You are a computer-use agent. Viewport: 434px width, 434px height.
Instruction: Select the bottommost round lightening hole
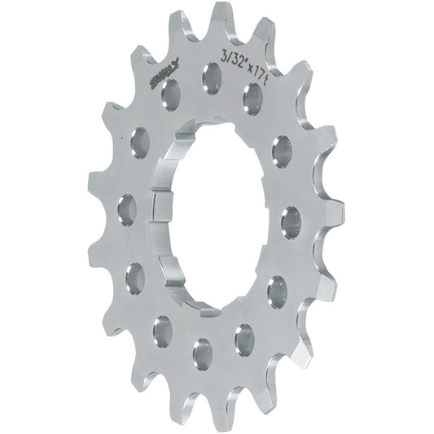coord(202,353)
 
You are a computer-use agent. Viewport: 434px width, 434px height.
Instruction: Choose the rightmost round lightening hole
coord(292,221)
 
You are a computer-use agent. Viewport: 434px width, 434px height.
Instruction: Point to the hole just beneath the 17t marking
coord(252,99)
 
